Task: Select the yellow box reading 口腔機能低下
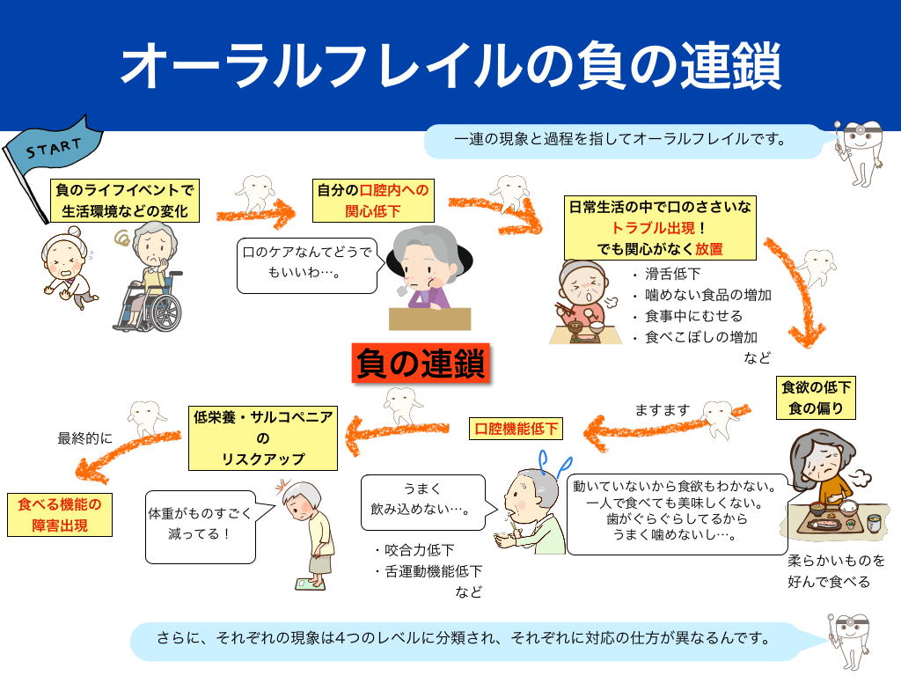(516, 430)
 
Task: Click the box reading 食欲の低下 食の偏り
(816, 398)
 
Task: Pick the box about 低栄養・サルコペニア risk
(263, 438)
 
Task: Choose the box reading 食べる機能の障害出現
(60, 515)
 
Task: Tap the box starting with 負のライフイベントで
(124, 201)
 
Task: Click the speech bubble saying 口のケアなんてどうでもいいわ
(308, 263)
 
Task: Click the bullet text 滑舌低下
(673, 275)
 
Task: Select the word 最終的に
(85, 437)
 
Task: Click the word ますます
(663, 410)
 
